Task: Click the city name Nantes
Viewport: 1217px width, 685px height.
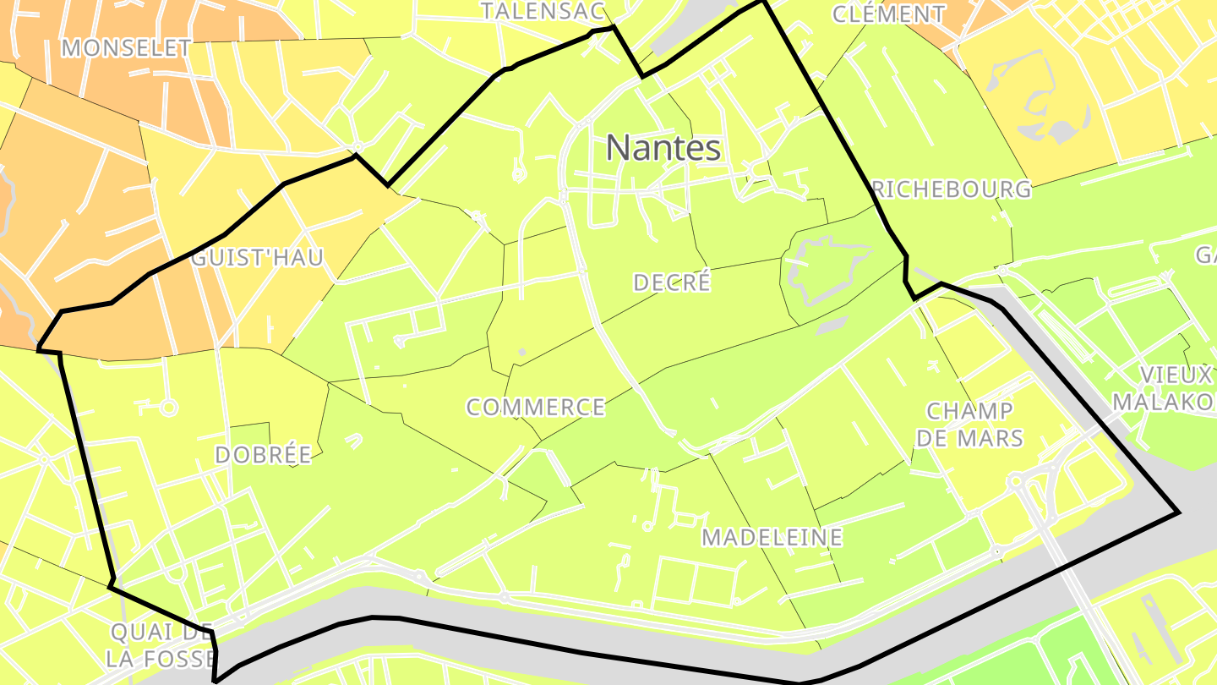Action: point(663,149)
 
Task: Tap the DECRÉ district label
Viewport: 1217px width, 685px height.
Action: point(672,282)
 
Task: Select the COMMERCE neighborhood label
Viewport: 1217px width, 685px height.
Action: point(536,408)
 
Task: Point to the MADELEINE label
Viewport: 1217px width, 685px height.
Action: point(772,537)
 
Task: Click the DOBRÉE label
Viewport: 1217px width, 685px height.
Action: point(263,455)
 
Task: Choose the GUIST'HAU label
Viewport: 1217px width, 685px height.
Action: point(257,258)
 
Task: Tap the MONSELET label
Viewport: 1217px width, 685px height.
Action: point(127,48)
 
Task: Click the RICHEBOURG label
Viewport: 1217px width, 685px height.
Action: point(952,189)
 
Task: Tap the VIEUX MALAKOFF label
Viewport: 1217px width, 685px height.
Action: point(1165,388)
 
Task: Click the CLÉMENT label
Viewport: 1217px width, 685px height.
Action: point(888,14)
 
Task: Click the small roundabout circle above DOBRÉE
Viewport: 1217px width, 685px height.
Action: point(168,408)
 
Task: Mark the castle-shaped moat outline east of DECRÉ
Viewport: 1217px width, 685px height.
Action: point(824,268)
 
